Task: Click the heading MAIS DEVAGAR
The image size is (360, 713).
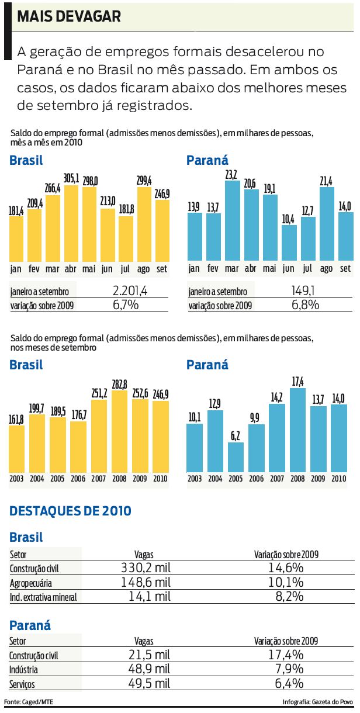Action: click(69, 17)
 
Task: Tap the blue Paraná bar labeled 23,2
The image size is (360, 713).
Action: click(232, 221)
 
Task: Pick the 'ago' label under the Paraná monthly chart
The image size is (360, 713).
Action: click(327, 269)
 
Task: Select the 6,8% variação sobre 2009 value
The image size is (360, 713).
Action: click(306, 304)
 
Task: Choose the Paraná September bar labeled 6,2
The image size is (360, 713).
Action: click(236, 458)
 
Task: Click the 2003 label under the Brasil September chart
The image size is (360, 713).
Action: click(18, 479)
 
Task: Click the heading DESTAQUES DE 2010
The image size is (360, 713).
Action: click(71, 511)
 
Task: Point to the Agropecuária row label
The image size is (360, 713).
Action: click(31, 583)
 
